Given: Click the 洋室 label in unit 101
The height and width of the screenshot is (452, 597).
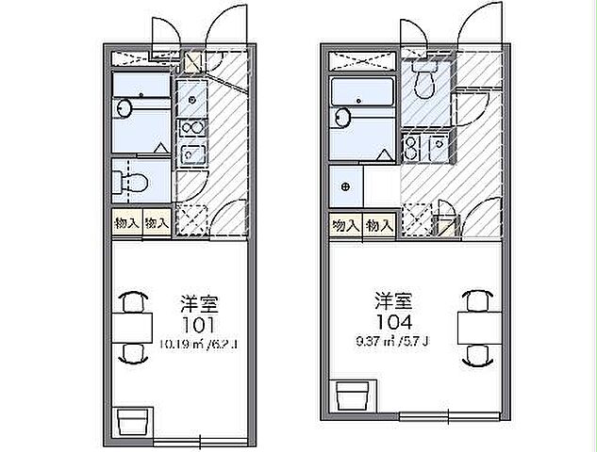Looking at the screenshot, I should pos(200,304).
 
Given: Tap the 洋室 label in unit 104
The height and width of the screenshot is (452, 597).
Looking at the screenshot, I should pos(394,301).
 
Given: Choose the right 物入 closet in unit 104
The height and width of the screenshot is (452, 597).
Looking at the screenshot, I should pos(379,225).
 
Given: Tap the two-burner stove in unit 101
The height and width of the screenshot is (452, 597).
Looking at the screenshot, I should pos(191,127).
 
